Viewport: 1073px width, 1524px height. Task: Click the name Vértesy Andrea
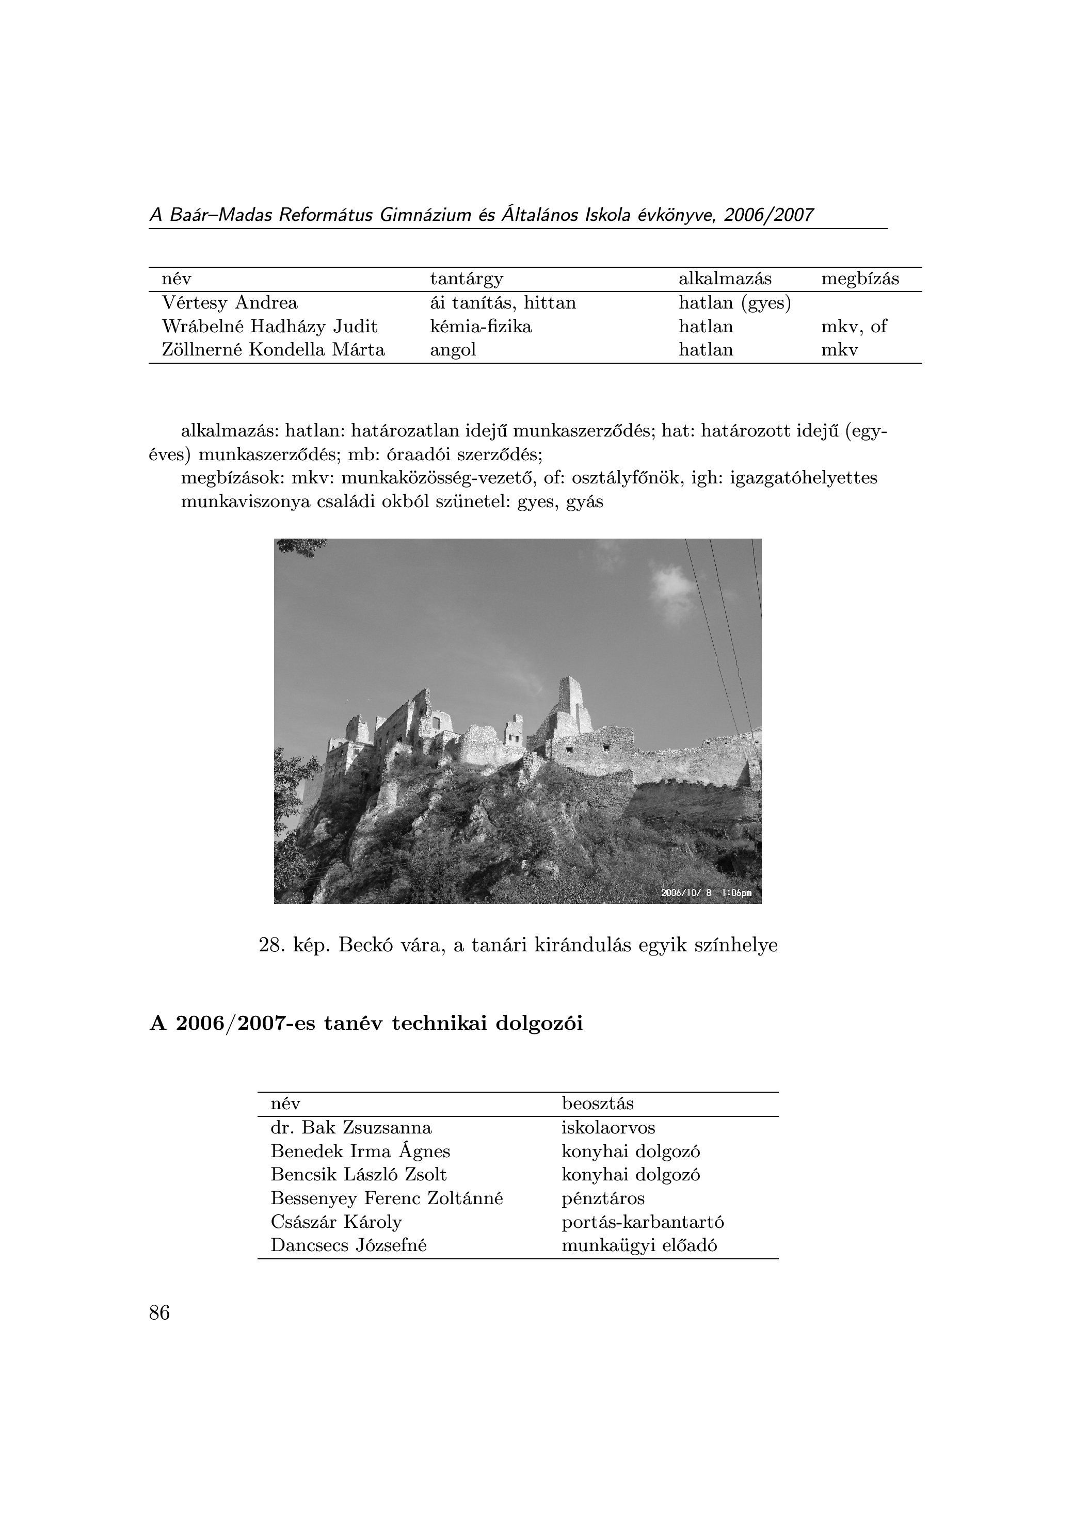230,303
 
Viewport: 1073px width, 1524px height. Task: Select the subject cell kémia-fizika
481,327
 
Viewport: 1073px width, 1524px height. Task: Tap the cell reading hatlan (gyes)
734,303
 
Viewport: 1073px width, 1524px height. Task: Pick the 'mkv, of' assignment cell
853,327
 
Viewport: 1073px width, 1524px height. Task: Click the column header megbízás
860,279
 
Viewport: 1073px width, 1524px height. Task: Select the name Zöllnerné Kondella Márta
273,350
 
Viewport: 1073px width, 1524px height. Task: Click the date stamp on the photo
706,893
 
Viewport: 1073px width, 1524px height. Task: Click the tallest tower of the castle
570,697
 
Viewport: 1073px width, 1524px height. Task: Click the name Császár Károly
336,1222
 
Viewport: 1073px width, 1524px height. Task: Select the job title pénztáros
603,1199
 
